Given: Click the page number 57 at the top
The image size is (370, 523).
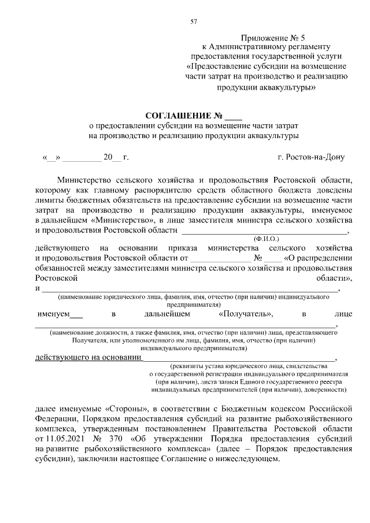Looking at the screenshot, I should tap(194, 22).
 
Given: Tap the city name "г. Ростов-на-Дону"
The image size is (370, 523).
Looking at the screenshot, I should tap(310, 157).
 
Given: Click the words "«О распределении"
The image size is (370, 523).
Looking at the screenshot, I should tap(318, 257).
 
